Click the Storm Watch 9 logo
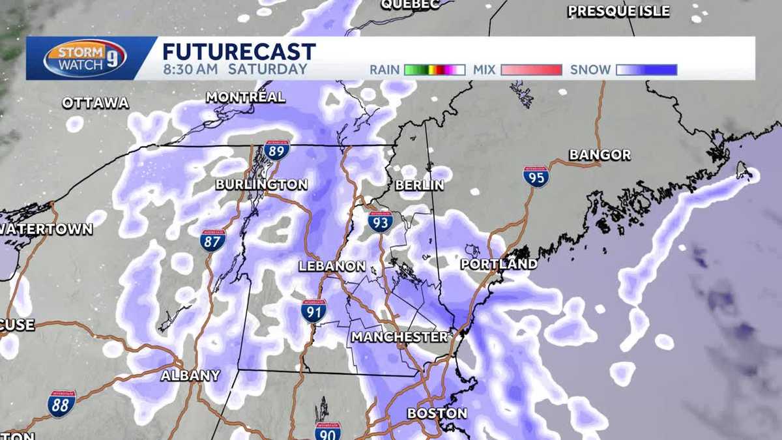[x=85, y=58]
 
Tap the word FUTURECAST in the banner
[x=239, y=51]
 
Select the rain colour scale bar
[x=434, y=70]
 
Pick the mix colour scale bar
[x=531, y=70]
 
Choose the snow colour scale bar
[x=646, y=70]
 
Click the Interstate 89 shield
[x=277, y=152]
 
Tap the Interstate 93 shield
[x=380, y=222]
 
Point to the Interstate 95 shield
[x=536, y=177]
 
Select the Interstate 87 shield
[x=212, y=241]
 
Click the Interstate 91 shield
[x=314, y=311]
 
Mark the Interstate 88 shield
[x=61, y=403]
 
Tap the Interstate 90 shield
[x=328, y=431]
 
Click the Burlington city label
[x=261, y=184]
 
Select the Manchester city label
[x=399, y=337]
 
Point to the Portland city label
[x=499, y=264]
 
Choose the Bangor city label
[x=600, y=155]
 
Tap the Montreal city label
[x=245, y=97]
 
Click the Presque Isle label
[x=618, y=11]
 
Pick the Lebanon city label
[x=332, y=266]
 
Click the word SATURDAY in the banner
[x=276, y=69]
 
